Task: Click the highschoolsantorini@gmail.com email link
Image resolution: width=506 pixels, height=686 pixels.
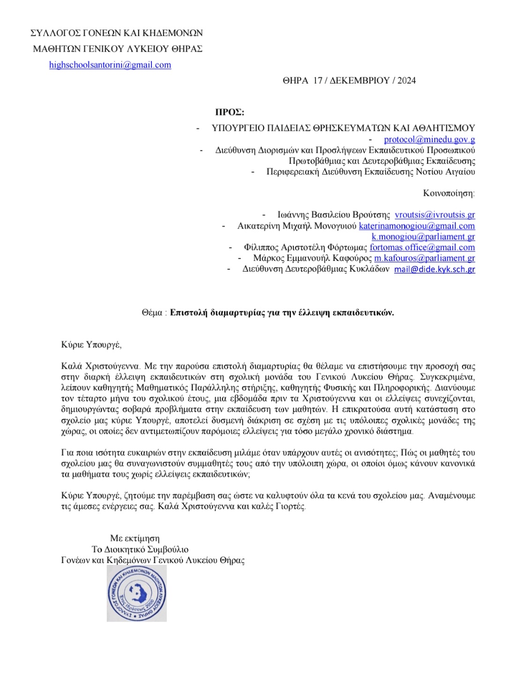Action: (110, 65)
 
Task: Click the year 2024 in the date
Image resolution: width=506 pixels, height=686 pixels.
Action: (406, 81)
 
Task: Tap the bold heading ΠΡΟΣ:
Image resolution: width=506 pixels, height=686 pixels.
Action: (230, 112)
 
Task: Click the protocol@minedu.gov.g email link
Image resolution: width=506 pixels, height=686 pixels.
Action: (429, 139)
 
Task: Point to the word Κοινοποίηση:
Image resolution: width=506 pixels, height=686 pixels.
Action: (449, 193)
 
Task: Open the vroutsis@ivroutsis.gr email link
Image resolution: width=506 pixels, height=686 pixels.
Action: (434, 215)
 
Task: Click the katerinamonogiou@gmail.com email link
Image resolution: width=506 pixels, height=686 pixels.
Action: (417, 226)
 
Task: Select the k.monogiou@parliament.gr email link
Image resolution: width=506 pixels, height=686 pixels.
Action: (423, 236)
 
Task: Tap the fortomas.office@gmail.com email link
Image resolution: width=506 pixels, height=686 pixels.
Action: (422, 247)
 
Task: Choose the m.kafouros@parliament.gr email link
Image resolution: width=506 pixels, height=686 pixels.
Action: (424, 258)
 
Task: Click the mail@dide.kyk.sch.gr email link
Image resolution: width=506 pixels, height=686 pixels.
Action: (434, 269)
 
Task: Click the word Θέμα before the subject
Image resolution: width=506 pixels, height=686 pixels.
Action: (152, 313)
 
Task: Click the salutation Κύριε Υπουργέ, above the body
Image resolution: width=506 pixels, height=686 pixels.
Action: (91, 345)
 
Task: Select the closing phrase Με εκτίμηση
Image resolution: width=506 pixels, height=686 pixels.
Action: (135, 538)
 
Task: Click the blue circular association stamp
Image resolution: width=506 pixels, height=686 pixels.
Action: (137, 593)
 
